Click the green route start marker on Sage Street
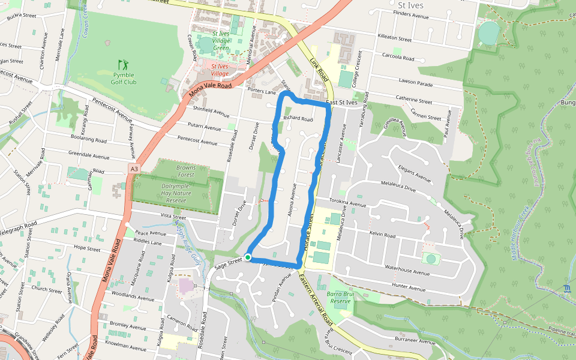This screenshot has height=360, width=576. coord(248,257)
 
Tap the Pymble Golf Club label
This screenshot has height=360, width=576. coord(124,79)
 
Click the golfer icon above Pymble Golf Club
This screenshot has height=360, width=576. coord(123,64)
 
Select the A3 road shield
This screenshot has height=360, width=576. coord(134,170)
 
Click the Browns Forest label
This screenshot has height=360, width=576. coord(186,172)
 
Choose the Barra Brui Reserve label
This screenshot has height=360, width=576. coord(339,298)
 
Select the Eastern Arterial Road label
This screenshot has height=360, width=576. coord(313,295)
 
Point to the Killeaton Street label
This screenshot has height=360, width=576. coord(394,38)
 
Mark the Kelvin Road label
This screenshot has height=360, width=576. coord(382,235)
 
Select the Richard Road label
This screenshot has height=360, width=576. coord(298,119)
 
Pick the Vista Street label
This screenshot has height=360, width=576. coord(173,216)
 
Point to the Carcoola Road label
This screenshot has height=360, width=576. coord(398,59)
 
